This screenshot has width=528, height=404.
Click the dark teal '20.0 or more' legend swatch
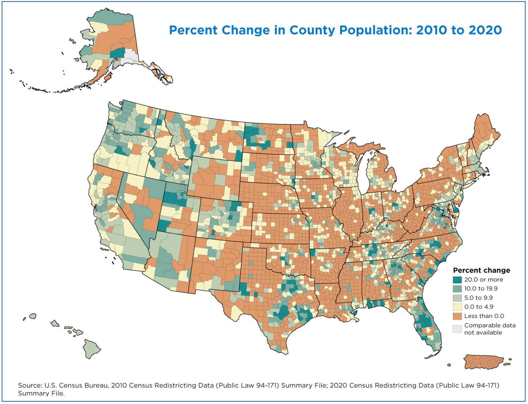point(457,280)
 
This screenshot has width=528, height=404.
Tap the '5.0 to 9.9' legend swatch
point(457,298)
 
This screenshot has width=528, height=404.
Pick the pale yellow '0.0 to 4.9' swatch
point(457,307)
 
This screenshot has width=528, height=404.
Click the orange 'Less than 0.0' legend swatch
point(457,316)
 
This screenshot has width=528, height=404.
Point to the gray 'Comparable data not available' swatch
point(457,329)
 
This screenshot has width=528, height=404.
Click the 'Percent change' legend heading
point(481,270)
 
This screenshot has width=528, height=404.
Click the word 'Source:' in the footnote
point(30,386)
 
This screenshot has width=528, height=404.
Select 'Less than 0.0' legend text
point(484,316)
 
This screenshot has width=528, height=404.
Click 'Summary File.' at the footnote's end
point(41,393)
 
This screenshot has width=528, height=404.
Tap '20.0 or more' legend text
point(484,280)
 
